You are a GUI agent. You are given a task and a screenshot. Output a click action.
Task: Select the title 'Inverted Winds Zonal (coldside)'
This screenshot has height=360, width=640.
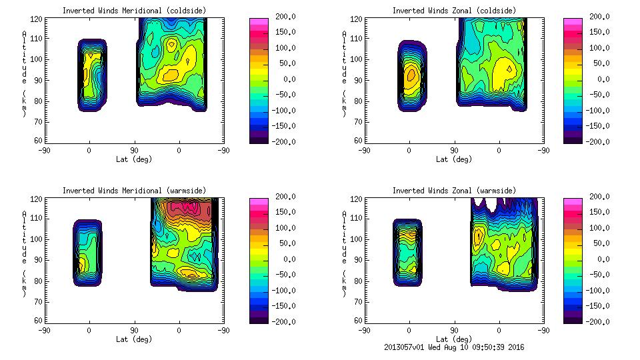(453, 11)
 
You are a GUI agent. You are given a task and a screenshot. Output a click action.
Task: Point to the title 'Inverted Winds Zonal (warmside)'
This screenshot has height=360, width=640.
(453, 191)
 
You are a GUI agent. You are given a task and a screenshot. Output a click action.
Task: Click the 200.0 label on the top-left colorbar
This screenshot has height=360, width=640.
(283, 17)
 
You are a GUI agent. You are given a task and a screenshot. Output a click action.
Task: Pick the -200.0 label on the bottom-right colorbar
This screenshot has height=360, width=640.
(597, 321)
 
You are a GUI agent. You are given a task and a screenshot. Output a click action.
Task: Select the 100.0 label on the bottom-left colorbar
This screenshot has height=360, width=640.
(283, 228)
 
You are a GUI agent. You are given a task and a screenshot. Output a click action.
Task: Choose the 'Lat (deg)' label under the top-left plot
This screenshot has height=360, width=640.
(134, 159)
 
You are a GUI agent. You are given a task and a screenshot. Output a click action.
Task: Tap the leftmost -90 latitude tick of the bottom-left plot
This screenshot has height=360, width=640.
(44, 330)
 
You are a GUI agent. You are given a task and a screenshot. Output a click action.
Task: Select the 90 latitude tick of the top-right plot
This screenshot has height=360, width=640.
(454, 150)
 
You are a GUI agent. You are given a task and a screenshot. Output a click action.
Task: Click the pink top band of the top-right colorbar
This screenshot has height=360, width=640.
(572, 22)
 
